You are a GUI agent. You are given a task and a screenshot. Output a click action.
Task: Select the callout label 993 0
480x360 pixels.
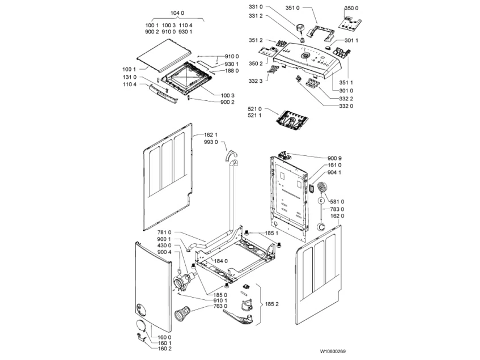(x=210, y=143)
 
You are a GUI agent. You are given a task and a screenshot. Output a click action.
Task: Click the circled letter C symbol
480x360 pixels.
(x=321, y=200)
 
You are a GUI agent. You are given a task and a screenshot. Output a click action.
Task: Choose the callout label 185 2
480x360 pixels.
(x=271, y=304)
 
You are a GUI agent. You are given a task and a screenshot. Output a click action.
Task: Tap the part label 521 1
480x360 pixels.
(x=255, y=116)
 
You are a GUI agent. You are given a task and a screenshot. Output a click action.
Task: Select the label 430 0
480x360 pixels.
(x=164, y=245)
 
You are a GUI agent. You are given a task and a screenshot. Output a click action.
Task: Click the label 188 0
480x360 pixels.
(x=232, y=71)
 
